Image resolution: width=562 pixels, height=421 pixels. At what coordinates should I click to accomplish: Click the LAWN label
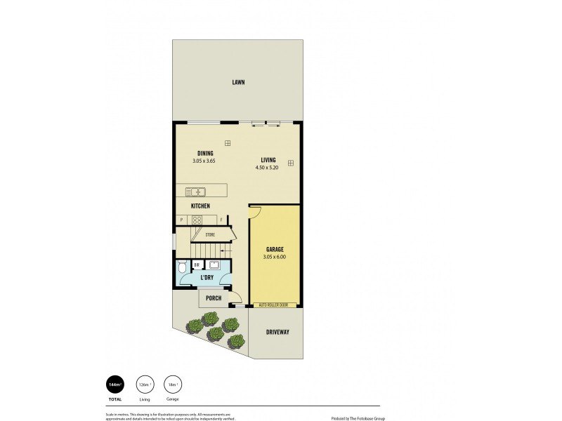[238, 82]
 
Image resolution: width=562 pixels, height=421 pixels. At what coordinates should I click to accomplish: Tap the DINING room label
[204, 153]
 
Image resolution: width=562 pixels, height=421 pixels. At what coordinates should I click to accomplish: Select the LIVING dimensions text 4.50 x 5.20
[268, 167]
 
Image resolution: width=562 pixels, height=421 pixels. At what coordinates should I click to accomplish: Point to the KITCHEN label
[200, 206]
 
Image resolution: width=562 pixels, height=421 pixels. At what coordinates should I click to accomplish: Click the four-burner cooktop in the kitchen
[197, 220]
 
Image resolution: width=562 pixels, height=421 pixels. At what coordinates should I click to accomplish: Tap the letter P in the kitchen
[181, 220]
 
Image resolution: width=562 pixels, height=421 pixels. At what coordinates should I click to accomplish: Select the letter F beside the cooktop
[221, 220]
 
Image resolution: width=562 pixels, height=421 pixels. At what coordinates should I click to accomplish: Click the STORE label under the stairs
[210, 234]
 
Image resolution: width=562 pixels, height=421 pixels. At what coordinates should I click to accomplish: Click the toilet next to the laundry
[182, 267]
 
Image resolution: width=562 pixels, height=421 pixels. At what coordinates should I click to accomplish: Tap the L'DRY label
[207, 278]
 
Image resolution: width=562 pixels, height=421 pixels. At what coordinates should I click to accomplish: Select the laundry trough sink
[215, 265]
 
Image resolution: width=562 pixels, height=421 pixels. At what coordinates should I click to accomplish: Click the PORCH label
[213, 298]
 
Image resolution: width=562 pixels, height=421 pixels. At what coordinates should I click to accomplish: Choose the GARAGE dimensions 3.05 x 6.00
[275, 257]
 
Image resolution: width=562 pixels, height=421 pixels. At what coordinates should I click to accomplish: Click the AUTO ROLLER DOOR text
[274, 305]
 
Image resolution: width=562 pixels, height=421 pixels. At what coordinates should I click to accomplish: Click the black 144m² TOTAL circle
[114, 384]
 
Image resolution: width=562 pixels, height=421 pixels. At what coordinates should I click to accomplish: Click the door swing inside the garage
[255, 211]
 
